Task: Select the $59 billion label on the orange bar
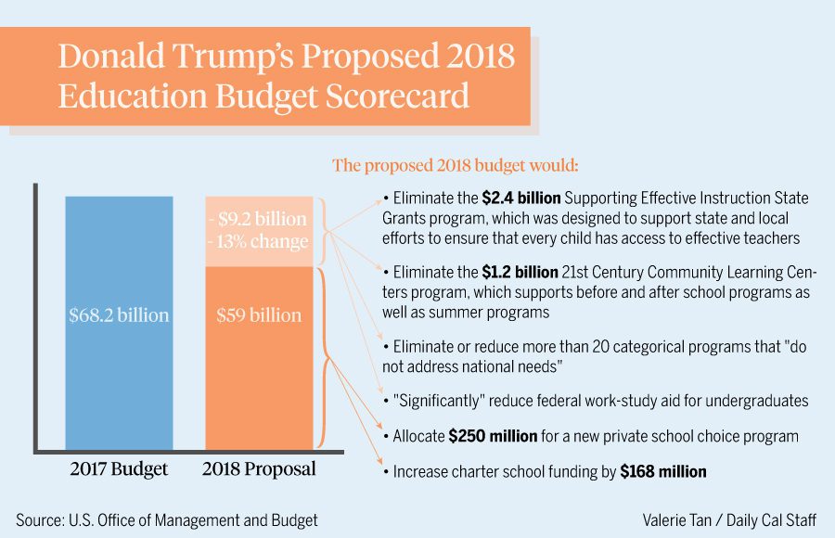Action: coord(259,315)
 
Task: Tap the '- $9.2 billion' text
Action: coord(259,220)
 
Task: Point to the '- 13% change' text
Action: coord(259,242)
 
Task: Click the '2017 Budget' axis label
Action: coord(119,469)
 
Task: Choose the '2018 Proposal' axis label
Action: coord(259,469)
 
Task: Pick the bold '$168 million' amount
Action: coord(663,472)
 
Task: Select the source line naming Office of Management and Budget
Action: coord(167,520)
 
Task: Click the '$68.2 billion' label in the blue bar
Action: coord(119,315)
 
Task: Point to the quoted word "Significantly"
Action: coord(442,401)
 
